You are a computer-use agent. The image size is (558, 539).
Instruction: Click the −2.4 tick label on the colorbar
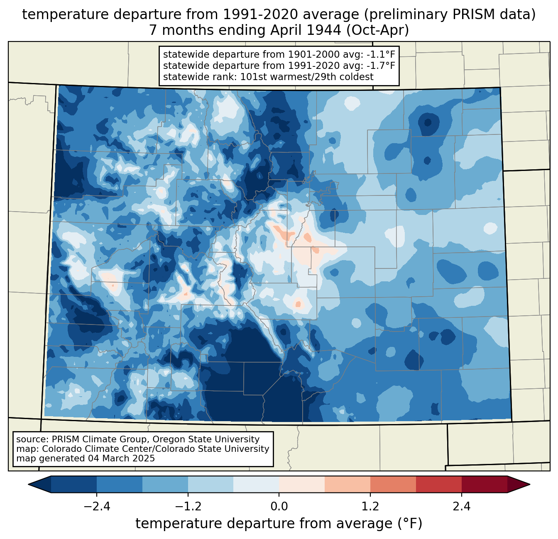coord(97,507)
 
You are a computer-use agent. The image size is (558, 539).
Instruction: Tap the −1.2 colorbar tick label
coord(188,507)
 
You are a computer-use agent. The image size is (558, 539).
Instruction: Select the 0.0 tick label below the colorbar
coord(279,507)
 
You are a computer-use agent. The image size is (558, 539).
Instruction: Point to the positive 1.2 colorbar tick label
coord(370,507)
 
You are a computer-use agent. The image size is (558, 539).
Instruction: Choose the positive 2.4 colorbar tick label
coord(461,507)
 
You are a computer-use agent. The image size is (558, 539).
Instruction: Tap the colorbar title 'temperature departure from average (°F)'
coord(279,524)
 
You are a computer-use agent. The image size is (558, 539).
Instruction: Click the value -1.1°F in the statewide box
coord(380,55)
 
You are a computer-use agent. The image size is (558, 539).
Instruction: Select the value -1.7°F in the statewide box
coord(380,66)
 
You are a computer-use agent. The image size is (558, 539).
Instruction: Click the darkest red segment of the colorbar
coord(484,484)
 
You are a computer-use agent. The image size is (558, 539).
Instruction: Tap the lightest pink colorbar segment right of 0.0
coord(302,484)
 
